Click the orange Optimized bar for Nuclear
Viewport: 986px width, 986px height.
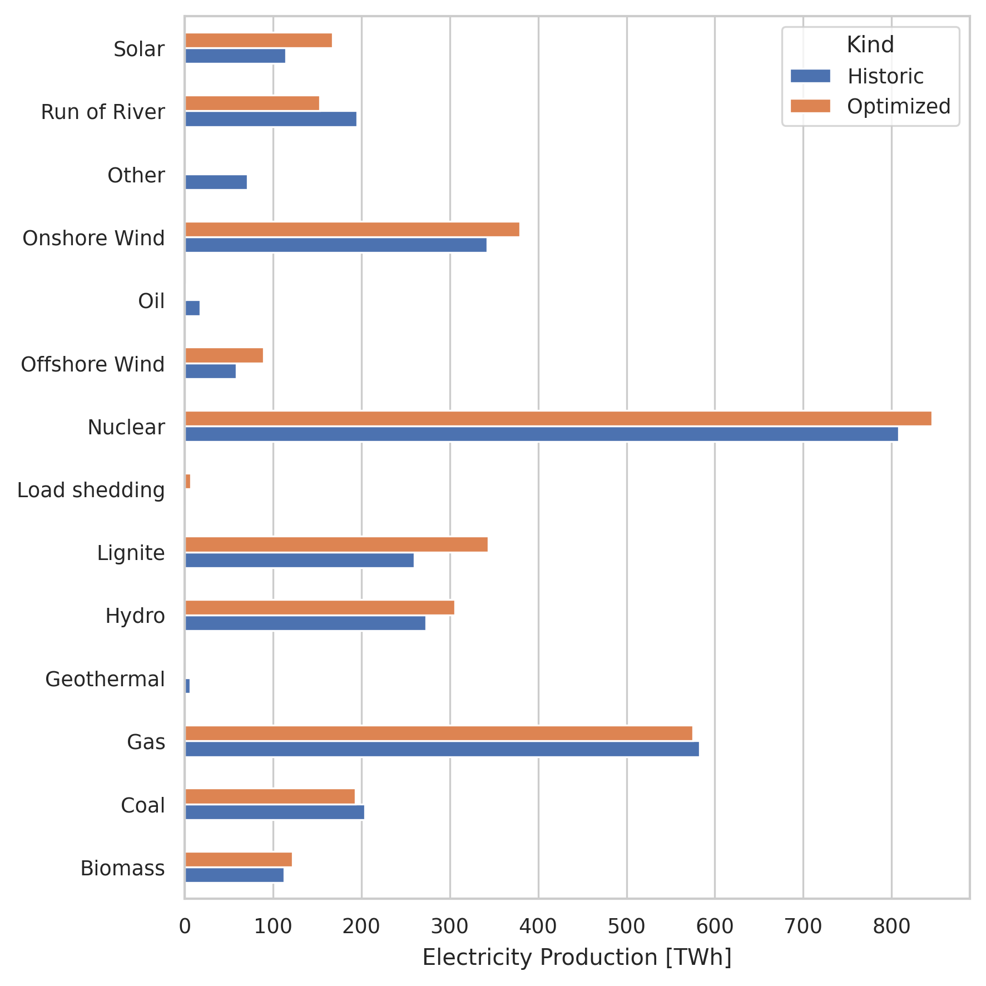point(558,418)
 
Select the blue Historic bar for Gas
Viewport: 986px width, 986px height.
point(442,749)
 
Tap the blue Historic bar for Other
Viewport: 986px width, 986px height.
point(216,182)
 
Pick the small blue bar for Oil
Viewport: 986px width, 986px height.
point(192,308)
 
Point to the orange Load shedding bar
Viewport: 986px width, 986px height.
point(188,482)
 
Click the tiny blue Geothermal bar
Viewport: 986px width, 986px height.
point(187,686)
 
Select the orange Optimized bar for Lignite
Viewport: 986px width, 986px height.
point(336,544)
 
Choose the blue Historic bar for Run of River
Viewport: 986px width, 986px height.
point(270,119)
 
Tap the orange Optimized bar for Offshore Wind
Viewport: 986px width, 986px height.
point(224,355)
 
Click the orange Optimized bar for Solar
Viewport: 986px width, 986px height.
point(258,40)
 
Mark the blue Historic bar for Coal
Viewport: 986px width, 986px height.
point(274,812)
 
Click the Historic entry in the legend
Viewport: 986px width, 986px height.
point(884,76)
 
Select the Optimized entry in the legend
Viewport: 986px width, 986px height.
point(898,106)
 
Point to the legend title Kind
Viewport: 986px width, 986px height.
point(870,45)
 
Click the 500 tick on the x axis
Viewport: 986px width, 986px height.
point(626,926)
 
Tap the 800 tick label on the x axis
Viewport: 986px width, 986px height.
point(891,926)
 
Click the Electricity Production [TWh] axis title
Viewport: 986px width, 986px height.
point(577,958)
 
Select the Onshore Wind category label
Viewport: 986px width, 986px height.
point(93,238)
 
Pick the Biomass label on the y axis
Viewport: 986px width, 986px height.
point(122,868)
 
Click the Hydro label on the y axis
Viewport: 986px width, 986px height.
point(135,616)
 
